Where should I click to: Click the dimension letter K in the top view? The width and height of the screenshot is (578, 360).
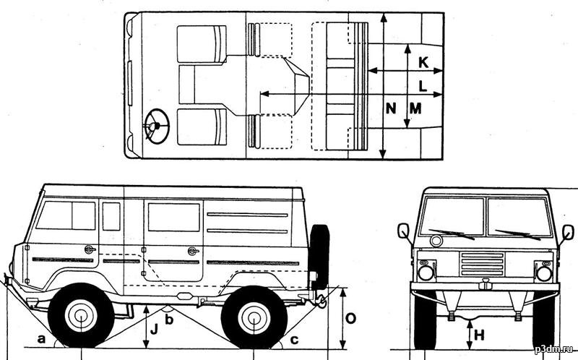click(423, 64)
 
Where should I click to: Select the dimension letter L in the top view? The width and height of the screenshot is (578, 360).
click(423, 85)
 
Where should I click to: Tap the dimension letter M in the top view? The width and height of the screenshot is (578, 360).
click(415, 108)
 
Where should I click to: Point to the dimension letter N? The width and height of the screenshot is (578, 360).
click(391, 108)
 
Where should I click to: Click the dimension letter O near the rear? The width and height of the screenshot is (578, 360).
click(351, 317)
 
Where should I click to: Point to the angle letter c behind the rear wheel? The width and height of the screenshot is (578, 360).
click(293, 340)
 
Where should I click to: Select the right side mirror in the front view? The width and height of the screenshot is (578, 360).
click(568, 232)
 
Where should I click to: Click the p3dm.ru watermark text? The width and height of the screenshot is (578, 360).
click(553, 349)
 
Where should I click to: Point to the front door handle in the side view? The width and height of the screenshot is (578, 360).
click(90, 249)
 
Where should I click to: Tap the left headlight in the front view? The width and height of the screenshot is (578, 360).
click(426, 273)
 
